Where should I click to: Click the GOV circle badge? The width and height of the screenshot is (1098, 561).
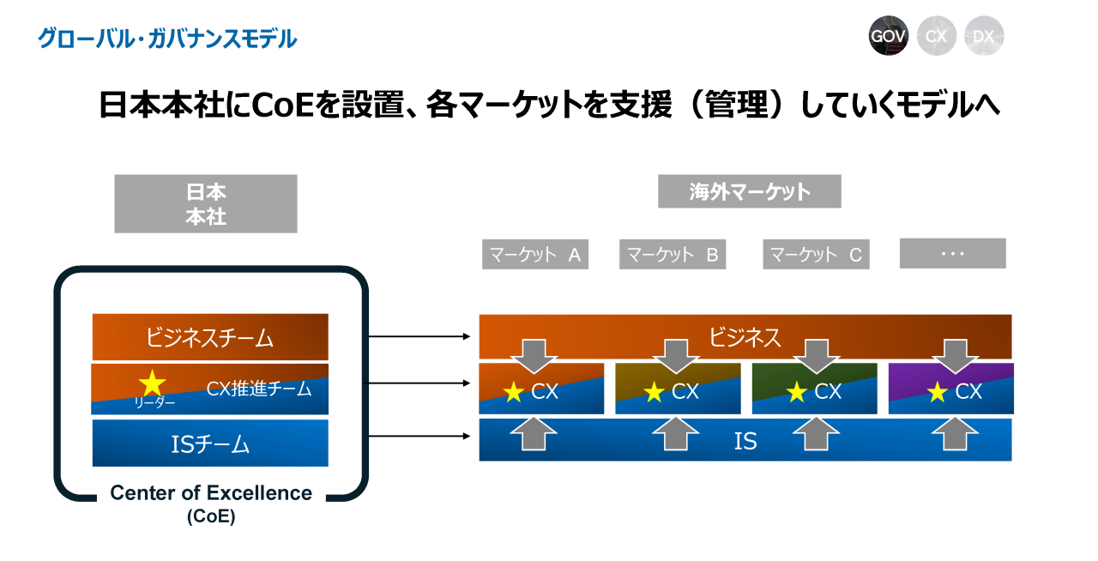pos(888,36)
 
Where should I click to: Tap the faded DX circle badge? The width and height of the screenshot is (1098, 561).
pos(984,36)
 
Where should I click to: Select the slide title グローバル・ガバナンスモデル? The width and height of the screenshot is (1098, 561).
pos(167,39)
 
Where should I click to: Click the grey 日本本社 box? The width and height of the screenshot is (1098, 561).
pos(206,204)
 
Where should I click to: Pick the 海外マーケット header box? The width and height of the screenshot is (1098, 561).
pos(750,191)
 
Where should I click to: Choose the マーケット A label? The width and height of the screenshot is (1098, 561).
pos(535,254)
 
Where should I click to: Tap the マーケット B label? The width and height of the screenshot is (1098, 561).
pos(673,254)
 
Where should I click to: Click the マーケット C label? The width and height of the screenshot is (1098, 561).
pos(816,254)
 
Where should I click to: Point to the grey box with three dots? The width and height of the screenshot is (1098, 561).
pos(952,254)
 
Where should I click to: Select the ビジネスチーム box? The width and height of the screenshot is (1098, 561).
pos(210,337)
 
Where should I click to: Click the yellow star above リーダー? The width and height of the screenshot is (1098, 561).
pos(152,383)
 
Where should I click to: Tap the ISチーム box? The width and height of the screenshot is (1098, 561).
pos(210,443)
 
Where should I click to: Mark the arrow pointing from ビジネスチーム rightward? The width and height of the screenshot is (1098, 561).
pos(419,336)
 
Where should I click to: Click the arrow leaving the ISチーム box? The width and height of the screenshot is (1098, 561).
pos(419,436)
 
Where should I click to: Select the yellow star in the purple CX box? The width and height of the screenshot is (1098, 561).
pos(938,392)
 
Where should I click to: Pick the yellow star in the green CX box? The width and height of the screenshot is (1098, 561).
pos(796,392)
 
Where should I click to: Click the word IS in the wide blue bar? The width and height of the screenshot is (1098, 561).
pos(745,441)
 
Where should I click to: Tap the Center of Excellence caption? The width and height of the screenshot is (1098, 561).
pos(211,494)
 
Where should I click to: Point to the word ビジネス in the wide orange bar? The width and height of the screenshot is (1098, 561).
pos(745,337)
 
